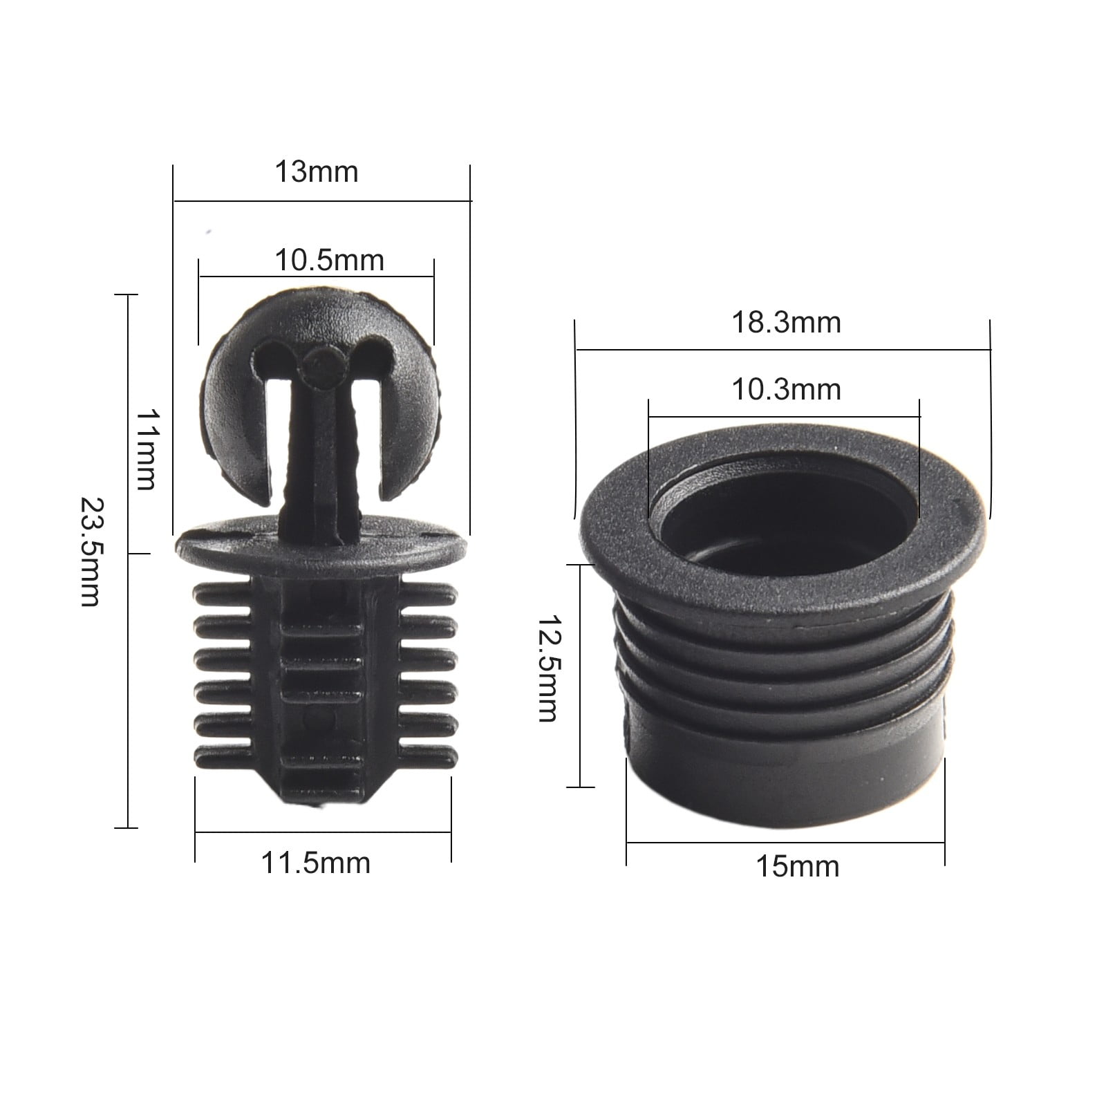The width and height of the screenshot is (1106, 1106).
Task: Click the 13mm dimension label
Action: point(317,172)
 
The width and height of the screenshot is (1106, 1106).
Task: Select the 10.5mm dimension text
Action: point(329,261)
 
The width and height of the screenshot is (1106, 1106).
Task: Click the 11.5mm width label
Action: point(315,863)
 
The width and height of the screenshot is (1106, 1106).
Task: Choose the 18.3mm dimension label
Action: point(786,323)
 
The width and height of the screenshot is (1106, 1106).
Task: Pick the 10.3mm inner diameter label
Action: point(786,390)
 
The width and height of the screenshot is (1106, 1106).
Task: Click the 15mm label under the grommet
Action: point(797,866)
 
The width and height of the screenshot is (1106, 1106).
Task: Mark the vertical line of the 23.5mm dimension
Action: point(128,691)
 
